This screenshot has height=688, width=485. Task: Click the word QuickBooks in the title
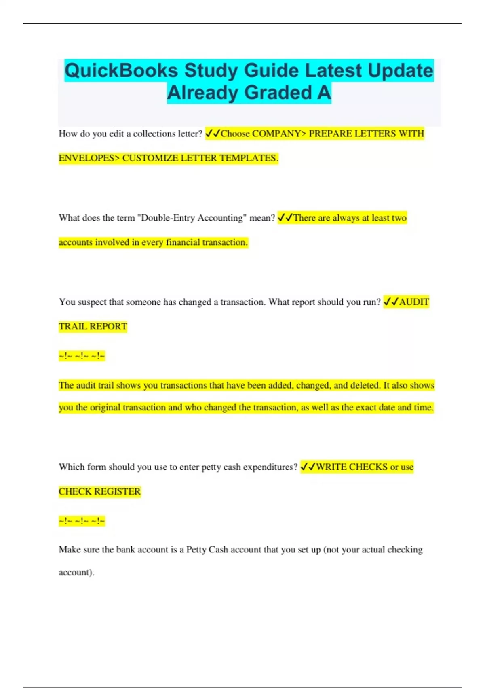point(121,70)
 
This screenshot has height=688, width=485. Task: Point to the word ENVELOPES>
point(89,158)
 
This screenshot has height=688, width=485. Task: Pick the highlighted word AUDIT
point(414,302)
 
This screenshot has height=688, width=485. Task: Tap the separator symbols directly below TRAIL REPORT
point(82,356)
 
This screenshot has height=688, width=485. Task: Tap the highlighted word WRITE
point(331,467)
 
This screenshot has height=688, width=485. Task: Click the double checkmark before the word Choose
point(213,133)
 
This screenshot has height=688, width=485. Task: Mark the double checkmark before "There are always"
point(285,217)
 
